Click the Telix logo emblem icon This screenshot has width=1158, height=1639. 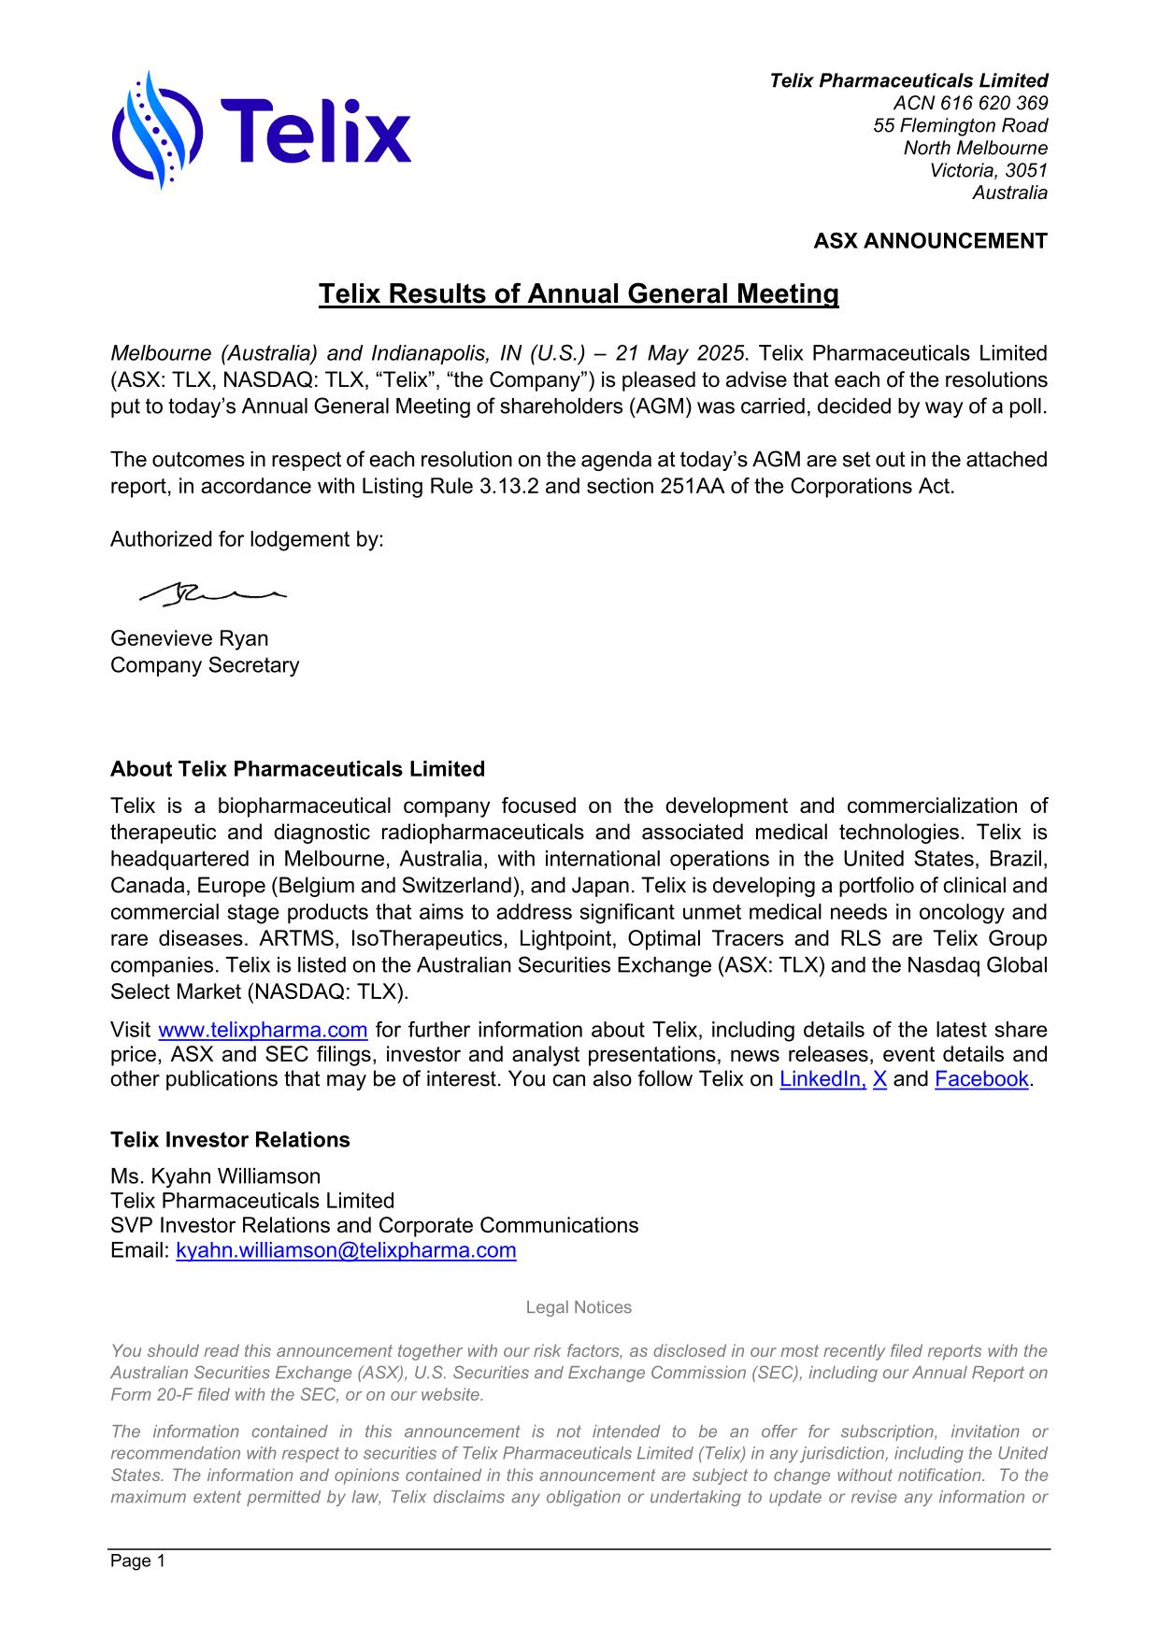(x=157, y=131)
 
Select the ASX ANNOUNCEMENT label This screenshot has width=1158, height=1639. (x=929, y=241)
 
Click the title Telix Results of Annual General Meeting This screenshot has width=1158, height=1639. (x=579, y=294)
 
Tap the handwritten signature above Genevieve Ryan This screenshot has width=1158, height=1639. (x=211, y=591)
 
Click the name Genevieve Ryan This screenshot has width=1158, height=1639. (x=189, y=639)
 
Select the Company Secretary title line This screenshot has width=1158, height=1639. (x=205, y=665)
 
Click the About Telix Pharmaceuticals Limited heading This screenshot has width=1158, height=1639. (x=297, y=769)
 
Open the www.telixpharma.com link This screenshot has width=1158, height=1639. (x=263, y=1030)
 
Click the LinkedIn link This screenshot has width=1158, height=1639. (x=822, y=1079)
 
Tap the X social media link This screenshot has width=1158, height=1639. (x=879, y=1079)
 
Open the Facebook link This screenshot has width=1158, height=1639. (x=980, y=1079)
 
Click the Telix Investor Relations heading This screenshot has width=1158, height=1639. (x=230, y=1140)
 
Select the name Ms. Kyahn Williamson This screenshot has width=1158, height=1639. (x=215, y=1176)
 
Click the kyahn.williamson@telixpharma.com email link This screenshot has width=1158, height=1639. (x=346, y=1250)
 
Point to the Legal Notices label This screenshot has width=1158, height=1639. (x=579, y=1307)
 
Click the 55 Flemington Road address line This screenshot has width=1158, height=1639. (x=960, y=125)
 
